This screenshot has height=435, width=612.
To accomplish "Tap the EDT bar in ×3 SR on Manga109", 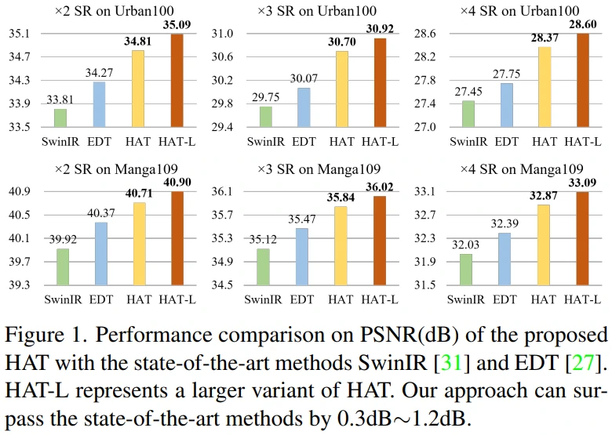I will (303, 256).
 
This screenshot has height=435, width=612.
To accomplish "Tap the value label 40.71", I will (139, 194).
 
